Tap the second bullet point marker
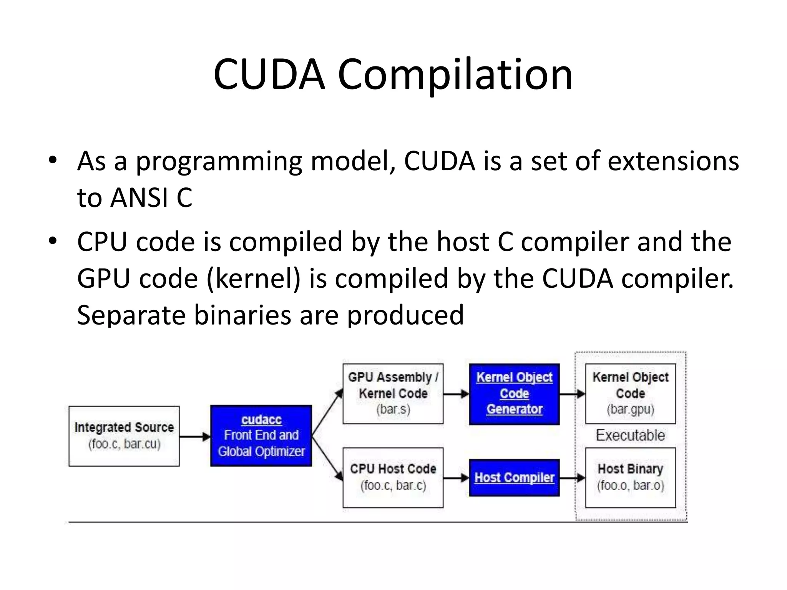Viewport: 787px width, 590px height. point(53,241)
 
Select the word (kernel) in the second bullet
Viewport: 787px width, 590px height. point(253,278)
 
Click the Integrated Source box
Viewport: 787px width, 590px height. point(124,436)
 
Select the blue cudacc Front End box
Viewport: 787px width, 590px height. point(261,436)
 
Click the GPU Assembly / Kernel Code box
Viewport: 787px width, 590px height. point(393,394)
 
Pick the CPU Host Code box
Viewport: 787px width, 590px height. point(393,477)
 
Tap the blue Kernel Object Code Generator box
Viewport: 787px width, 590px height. point(514,394)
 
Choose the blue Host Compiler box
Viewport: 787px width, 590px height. point(514,477)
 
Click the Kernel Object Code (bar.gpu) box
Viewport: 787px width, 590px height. point(630,394)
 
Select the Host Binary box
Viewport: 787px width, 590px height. point(630,477)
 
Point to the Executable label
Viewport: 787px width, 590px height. point(630,435)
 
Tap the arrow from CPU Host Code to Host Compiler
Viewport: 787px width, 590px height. point(456,478)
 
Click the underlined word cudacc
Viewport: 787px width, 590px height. point(261,419)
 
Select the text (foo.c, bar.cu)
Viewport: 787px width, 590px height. point(124,444)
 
